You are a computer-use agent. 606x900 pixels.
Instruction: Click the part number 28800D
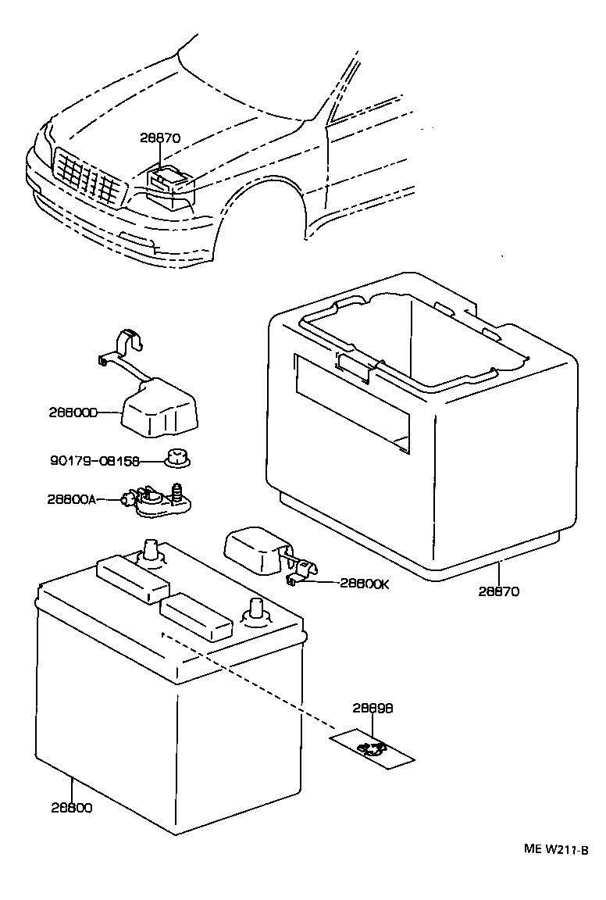pos(72,412)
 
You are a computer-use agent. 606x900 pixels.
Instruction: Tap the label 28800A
pos(71,498)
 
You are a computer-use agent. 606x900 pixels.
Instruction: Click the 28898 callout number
pos(372,709)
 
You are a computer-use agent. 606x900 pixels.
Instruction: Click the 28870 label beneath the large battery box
pos(500,591)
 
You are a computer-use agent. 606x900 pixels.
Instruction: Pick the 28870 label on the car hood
pos(160,138)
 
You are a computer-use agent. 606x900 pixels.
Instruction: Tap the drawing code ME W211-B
pos(555,850)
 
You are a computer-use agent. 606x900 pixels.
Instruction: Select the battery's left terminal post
pos(150,552)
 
